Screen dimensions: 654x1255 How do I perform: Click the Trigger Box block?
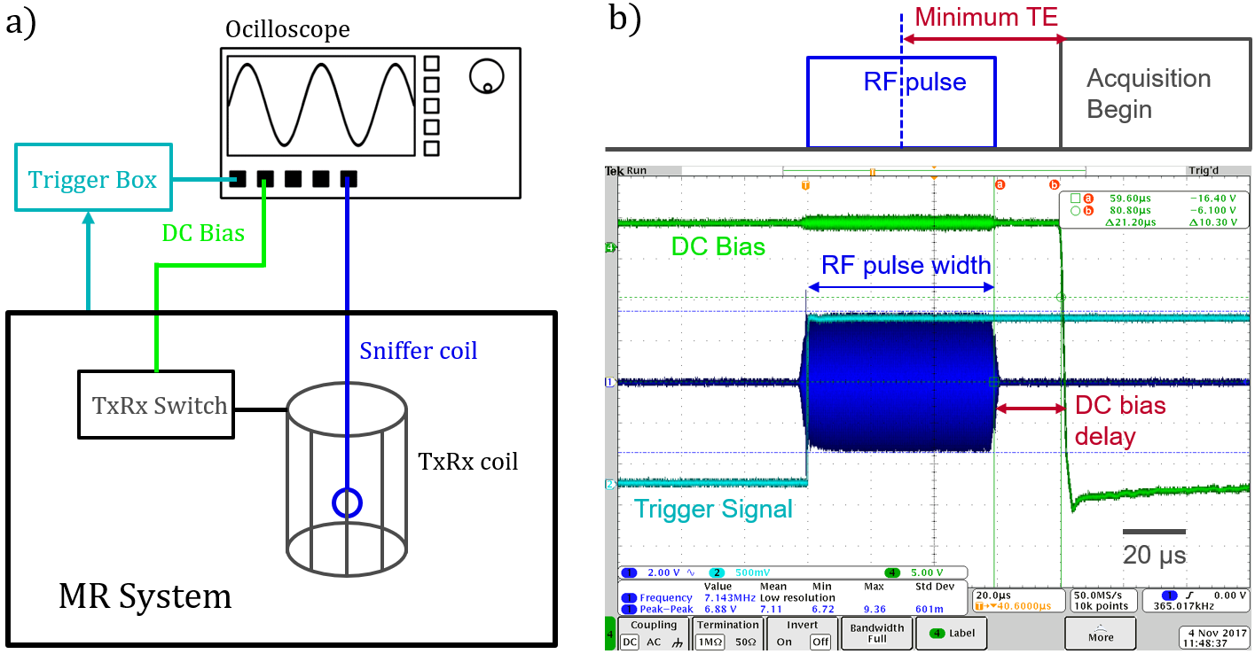pyautogui.click(x=92, y=180)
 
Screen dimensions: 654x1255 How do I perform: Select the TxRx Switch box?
pyautogui.click(x=156, y=405)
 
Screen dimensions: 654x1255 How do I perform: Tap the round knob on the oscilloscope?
pyautogui.click(x=484, y=76)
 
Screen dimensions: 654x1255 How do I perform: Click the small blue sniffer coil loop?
pyautogui.click(x=346, y=503)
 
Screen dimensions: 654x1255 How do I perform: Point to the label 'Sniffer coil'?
pyautogui.click(x=419, y=351)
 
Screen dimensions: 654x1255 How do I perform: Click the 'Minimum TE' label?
pyautogui.click(x=986, y=17)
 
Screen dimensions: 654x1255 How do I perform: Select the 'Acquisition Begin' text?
pyautogui.click(x=1148, y=94)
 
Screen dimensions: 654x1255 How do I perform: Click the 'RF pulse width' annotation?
pyautogui.click(x=906, y=265)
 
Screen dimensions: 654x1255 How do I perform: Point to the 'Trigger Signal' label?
pyautogui.click(x=713, y=509)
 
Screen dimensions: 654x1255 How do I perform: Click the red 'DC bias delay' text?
pyautogui.click(x=1119, y=420)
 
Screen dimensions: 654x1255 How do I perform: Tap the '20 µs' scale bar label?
pyautogui.click(x=1154, y=556)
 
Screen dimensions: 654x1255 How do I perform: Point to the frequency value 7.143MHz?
pyautogui.click(x=727, y=597)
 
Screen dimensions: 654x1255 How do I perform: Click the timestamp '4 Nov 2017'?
pyautogui.click(x=1215, y=633)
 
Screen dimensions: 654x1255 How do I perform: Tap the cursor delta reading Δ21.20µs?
pyautogui.click(x=1130, y=222)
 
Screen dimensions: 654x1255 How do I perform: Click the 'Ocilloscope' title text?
pyautogui.click(x=287, y=29)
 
